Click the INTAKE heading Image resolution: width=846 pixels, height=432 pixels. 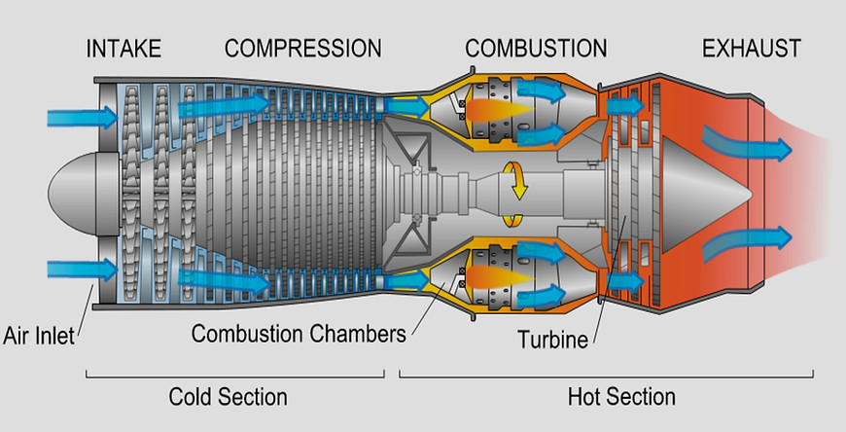123,49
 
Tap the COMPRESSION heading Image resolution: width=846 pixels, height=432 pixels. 303,49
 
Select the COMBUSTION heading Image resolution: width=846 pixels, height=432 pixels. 536,49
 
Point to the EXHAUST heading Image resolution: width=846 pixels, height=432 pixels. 751,49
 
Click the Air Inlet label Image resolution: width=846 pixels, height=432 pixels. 39,336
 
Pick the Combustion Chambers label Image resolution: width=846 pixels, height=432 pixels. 299,334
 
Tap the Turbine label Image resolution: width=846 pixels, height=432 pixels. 552,340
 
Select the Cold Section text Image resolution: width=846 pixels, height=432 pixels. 229,396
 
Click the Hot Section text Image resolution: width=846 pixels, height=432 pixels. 621,396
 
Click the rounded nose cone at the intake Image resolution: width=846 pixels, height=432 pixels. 84,193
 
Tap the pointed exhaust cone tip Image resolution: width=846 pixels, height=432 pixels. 752,194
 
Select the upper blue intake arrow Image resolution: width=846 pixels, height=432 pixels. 82,117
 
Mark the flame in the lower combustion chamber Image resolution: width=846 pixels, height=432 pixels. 499,276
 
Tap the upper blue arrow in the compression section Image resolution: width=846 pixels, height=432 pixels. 224,105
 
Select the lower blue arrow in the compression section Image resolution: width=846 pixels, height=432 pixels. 224,280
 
